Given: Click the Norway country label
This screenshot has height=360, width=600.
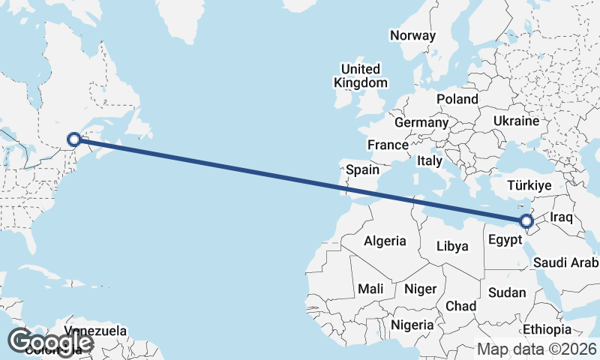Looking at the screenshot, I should (x=412, y=35).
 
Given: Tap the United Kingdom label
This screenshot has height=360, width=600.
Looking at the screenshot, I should (x=361, y=76).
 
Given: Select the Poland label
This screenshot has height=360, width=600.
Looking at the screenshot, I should (x=457, y=99).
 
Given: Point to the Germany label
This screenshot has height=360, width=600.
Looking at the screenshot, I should (x=421, y=122).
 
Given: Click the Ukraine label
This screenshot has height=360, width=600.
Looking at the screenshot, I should (x=516, y=121).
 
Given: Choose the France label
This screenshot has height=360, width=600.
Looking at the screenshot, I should (x=387, y=145).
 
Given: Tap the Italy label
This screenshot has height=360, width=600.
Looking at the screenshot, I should (x=430, y=160).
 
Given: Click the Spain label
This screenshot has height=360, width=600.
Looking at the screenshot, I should (x=362, y=170).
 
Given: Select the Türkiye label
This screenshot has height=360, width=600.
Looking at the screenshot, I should (x=529, y=185).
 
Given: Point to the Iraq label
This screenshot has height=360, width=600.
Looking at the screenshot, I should (x=561, y=217).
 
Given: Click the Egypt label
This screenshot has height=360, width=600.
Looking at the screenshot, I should (x=504, y=241).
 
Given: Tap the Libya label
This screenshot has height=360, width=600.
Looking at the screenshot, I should (x=452, y=246).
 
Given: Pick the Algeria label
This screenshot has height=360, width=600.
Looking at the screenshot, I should (x=385, y=241).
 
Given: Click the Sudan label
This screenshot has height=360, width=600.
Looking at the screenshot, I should (x=507, y=292).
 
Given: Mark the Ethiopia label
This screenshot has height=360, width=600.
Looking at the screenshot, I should (x=547, y=329).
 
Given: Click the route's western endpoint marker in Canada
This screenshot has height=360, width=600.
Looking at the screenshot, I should (x=74, y=139).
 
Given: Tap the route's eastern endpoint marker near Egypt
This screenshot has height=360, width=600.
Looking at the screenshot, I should (x=526, y=220).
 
